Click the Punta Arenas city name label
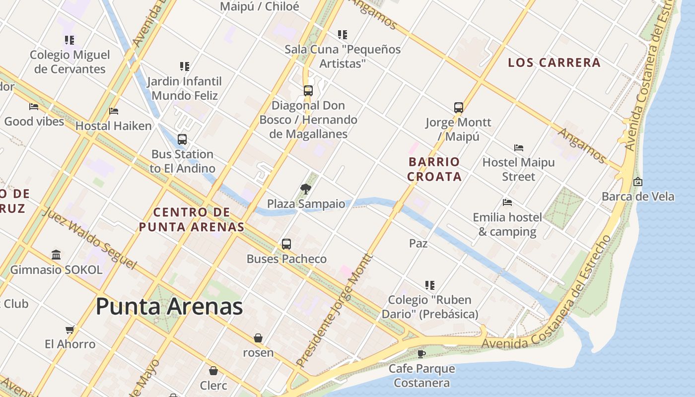pyautogui.click(x=169, y=306)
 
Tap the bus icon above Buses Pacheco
pyautogui.click(x=286, y=244)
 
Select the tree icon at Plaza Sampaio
pyautogui.click(x=306, y=189)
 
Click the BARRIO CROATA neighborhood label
pyautogui.click(x=434, y=169)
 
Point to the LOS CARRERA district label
pyautogui.click(x=555, y=63)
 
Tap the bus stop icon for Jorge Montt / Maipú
pyautogui.click(x=459, y=107)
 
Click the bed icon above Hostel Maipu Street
pyautogui.click(x=519, y=147)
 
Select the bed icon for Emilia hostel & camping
pyautogui.click(x=507, y=202)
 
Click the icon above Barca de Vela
pyautogui.click(x=638, y=182)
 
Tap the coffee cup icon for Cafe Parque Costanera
pyautogui.click(x=421, y=354)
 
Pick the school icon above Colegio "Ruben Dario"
pyautogui.click(x=430, y=285)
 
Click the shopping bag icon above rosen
pyautogui.click(x=258, y=338)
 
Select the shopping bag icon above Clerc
pyautogui.click(x=213, y=371)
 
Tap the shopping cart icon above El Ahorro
pyautogui.click(x=70, y=330)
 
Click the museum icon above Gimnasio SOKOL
pyautogui.click(x=56, y=255)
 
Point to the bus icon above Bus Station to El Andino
pyautogui.click(x=182, y=139)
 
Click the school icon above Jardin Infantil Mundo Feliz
pyautogui.click(x=185, y=66)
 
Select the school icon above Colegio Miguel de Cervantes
pyautogui.click(x=69, y=40)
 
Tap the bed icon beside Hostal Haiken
pyautogui.click(x=114, y=111)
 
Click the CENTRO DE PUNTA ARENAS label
pyautogui.click(x=192, y=219)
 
